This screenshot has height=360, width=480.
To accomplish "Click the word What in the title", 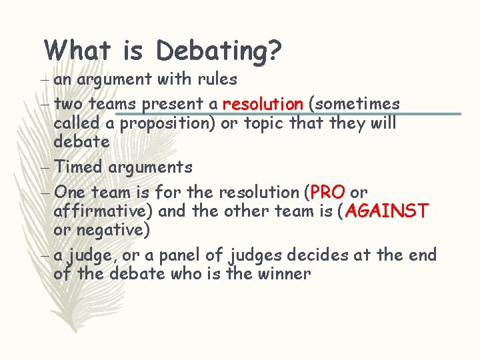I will [x=78, y=49].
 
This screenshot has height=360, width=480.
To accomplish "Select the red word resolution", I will [x=263, y=104].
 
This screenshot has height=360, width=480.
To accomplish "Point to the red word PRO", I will [x=327, y=193].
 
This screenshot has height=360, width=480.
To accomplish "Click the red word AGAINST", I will [x=387, y=212].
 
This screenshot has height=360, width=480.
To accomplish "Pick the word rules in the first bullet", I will [x=217, y=79].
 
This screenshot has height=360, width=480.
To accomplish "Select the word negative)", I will [x=113, y=231].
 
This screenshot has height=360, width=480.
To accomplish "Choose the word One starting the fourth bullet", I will [x=70, y=193].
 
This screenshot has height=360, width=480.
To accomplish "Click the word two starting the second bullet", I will [x=69, y=104].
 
